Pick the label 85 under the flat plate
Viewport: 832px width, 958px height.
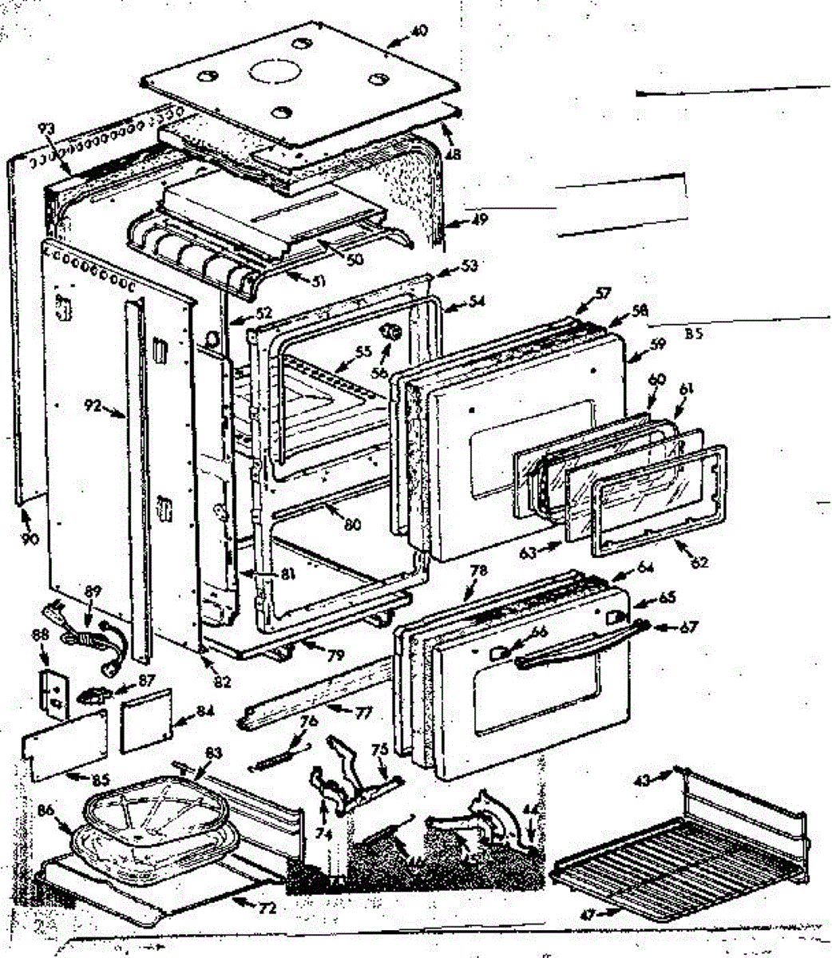(x=78, y=779)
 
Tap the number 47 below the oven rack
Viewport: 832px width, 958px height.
(x=588, y=914)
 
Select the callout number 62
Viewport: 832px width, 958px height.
(x=699, y=564)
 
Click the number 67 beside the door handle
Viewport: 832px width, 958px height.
(x=688, y=627)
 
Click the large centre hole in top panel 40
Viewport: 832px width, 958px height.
(x=274, y=73)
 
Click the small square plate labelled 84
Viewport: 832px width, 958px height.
(x=145, y=721)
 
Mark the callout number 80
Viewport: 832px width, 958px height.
(x=351, y=525)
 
